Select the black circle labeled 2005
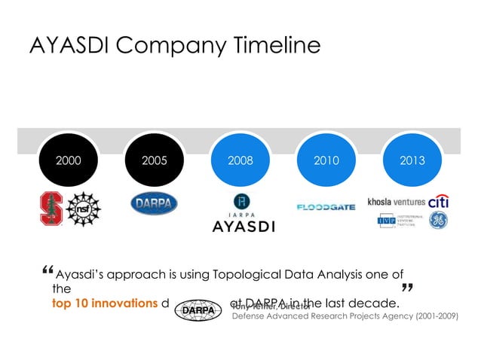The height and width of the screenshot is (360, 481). pos(155,160)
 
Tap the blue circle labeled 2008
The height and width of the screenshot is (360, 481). pos(240,160)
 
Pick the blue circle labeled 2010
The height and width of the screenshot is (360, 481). pos(326,160)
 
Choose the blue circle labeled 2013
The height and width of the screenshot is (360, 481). pos(412,160)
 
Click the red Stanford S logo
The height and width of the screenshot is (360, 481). pos(51,207)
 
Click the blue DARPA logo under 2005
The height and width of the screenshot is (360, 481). pos(155,203)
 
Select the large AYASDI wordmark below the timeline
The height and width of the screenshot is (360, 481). pos(243,226)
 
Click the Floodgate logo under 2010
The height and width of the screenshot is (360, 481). pos(326,206)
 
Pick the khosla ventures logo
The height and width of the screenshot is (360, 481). pos(397,202)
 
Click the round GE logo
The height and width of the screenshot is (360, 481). pos(439,221)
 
